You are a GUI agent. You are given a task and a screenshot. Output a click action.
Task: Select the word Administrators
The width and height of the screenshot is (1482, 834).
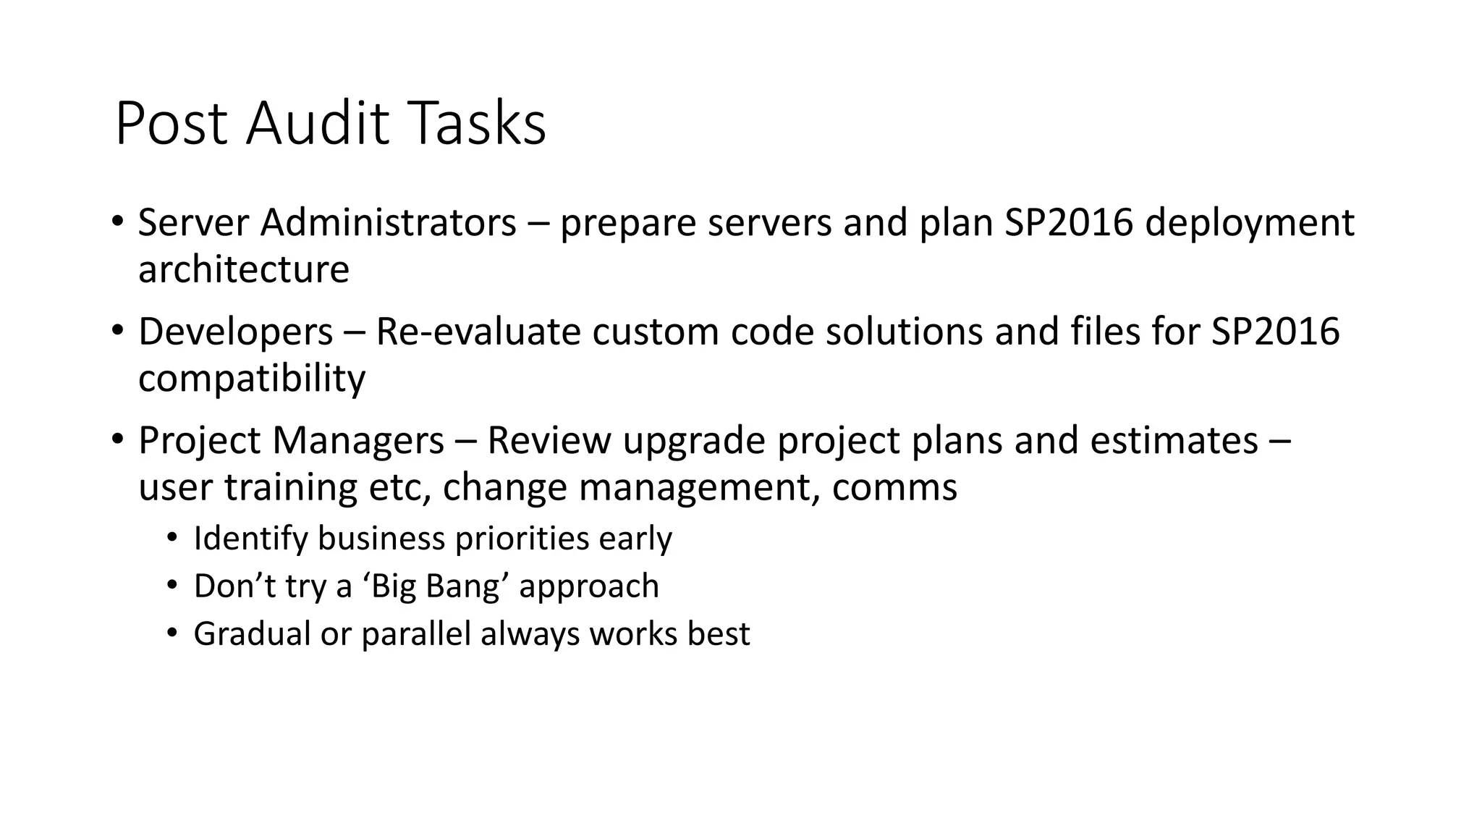(x=389, y=222)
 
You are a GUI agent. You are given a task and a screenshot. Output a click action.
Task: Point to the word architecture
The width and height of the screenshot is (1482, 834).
(x=244, y=269)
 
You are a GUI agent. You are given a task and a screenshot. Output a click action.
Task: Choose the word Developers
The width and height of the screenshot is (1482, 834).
(x=236, y=332)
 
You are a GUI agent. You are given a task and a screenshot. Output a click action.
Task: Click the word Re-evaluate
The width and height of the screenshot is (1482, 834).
(x=478, y=332)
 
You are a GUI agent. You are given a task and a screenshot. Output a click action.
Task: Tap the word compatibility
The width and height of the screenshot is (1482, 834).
(x=252, y=379)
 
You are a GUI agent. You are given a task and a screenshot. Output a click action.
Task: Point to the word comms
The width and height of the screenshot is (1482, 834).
(x=894, y=488)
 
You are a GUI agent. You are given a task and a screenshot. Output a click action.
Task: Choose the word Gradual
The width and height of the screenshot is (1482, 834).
(x=251, y=633)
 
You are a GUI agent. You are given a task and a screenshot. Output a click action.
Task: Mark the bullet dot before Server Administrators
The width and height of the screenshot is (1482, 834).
(x=117, y=221)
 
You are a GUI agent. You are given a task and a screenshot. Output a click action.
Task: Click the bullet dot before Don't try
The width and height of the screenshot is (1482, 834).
(x=172, y=585)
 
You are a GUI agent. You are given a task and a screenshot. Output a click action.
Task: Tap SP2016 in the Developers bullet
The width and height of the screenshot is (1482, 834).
(x=1275, y=332)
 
